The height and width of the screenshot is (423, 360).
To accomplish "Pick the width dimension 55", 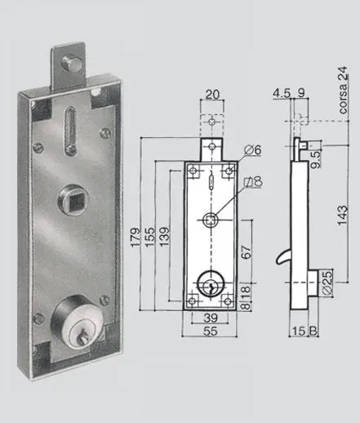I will [x=211, y=333].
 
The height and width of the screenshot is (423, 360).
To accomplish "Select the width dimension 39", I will [x=210, y=318].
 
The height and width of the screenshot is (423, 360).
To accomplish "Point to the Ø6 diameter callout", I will [x=253, y=149].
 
